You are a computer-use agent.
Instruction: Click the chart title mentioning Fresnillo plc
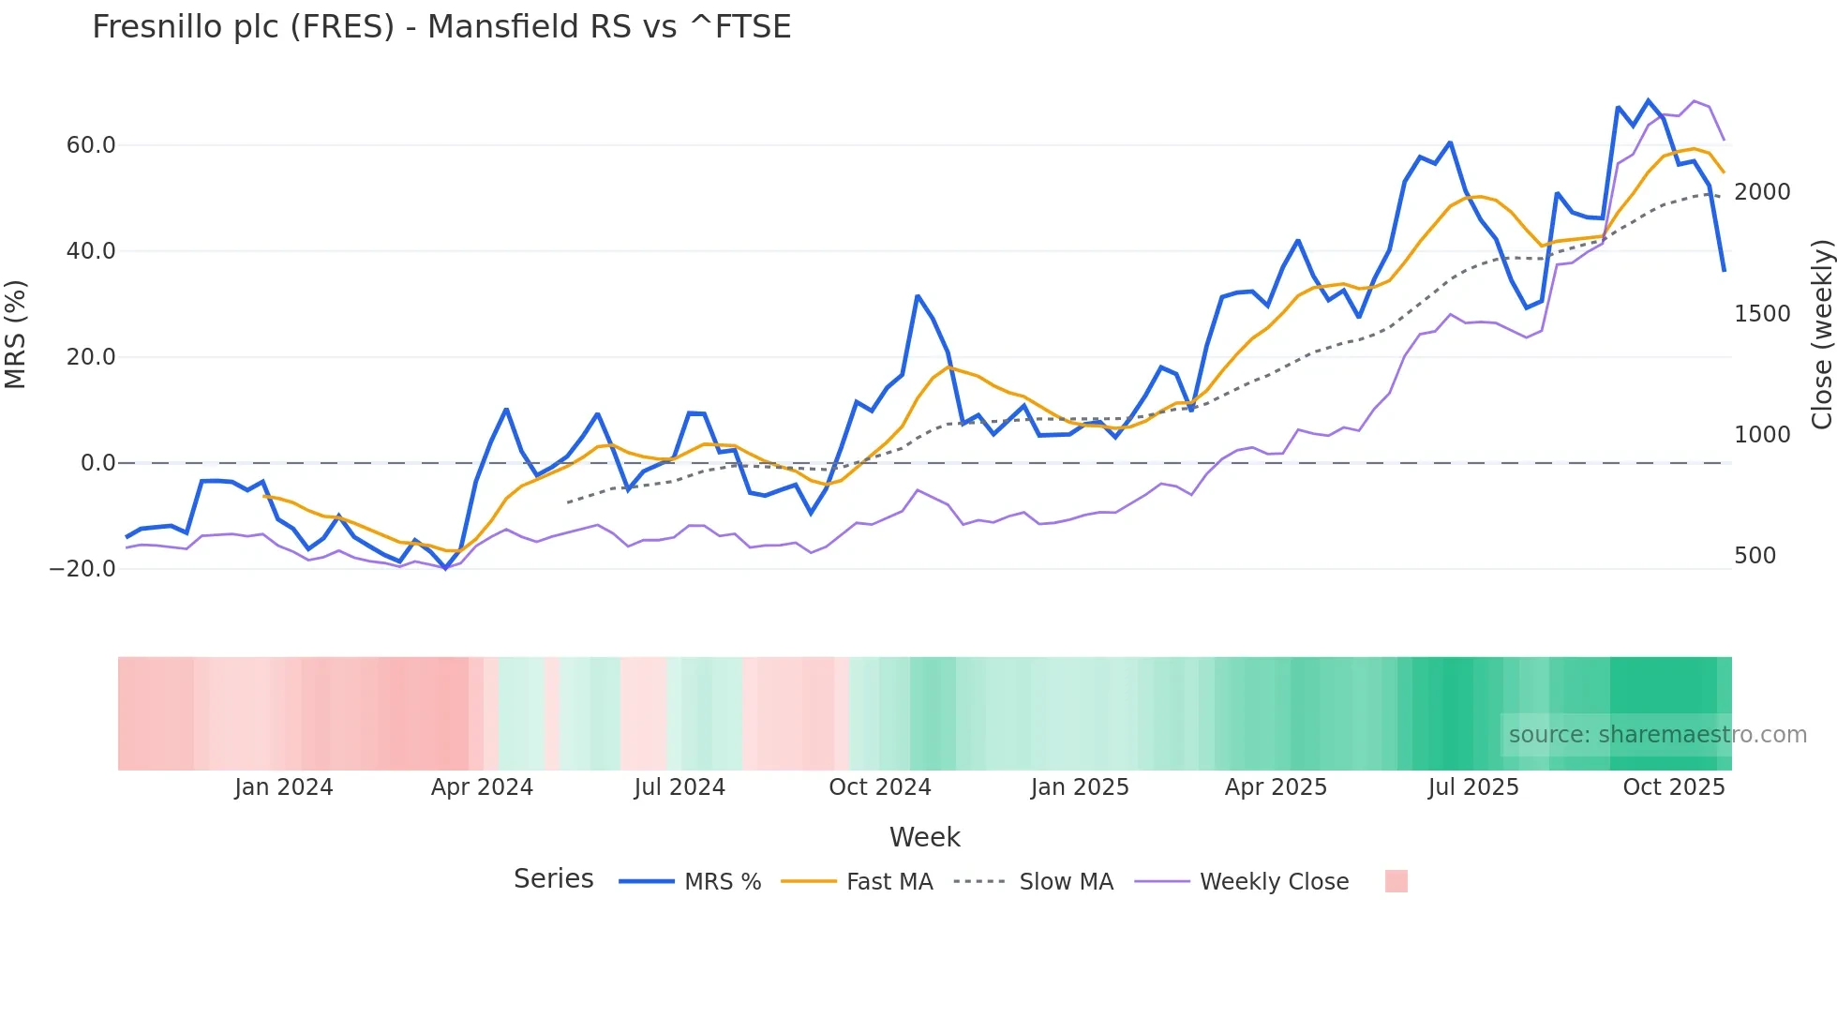(x=441, y=27)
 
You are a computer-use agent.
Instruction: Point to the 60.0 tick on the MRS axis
(x=91, y=145)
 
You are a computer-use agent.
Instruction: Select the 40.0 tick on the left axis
(x=91, y=251)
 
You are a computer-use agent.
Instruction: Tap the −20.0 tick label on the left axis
(x=83, y=569)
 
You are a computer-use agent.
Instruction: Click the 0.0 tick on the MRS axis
(x=97, y=463)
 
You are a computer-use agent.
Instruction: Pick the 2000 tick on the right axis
(x=1762, y=192)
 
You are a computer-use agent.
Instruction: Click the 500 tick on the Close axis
(x=1755, y=556)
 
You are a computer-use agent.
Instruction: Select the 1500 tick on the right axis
(x=1762, y=314)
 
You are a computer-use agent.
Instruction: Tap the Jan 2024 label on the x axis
(x=283, y=787)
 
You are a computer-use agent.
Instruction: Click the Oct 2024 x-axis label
(x=879, y=787)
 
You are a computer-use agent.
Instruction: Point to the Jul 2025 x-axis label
(x=1472, y=787)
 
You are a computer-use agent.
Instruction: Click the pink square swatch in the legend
(x=1396, y=881)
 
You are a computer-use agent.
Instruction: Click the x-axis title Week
(x=924, y=837)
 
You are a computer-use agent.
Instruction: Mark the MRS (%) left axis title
(x=16, y=335)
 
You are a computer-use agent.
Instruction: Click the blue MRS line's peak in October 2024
(x=918, y=296)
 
